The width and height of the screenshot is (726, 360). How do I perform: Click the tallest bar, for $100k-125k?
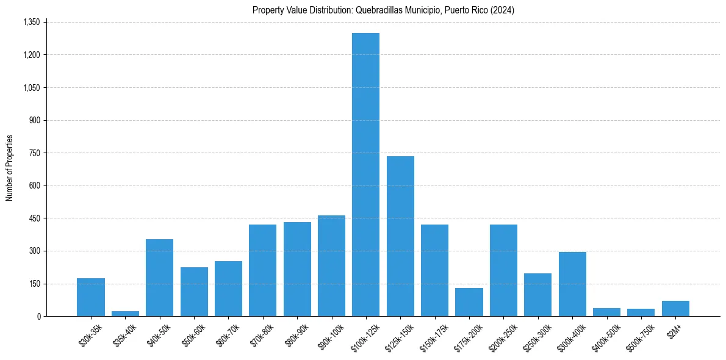pos(365,175)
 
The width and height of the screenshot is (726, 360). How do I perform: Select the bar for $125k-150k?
pos(400,236)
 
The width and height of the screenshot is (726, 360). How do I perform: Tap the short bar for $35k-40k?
pos(125,314)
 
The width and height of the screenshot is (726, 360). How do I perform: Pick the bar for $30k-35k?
pos(91,297)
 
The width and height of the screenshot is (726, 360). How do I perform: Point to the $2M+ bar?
pos(675,308)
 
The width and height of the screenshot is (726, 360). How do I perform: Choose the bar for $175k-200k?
pos(469,302)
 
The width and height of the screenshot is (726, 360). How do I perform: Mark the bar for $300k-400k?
pos(572,284)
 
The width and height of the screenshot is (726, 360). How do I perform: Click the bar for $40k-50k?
pos(159,278)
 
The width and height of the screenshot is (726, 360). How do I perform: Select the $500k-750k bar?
pos(641,312)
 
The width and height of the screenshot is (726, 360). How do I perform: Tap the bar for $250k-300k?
pos(538,295)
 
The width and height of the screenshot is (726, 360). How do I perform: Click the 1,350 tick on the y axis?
pos(31,22)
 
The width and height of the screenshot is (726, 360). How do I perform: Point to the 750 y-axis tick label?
pos(35,153)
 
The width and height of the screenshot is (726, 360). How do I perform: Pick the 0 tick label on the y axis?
pos(38,316)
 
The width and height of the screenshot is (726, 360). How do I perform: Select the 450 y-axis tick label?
pos(35,218)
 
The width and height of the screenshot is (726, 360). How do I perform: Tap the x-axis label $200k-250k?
pos(502,336)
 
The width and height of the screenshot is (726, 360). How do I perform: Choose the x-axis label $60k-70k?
pos(228,334)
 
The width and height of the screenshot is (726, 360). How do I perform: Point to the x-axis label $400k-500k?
pos(605,336)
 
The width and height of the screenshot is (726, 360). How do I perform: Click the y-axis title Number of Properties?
pos(9,168)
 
